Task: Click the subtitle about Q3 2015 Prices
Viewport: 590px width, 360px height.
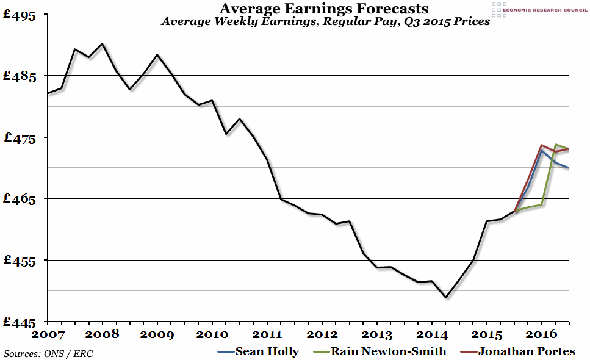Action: pos(325,22)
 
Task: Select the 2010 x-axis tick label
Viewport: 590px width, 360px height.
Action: pos(212,334)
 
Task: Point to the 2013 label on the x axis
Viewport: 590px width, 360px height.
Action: pos(376,334)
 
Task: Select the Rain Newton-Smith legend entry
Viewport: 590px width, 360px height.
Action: pos(380,351)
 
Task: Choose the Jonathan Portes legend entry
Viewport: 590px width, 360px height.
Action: pos(519,351)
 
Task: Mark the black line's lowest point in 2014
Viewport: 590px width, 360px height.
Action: pos(446,297)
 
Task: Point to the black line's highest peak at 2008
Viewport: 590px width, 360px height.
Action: pos(102,44)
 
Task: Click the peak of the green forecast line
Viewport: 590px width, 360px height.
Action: pos(555,145)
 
